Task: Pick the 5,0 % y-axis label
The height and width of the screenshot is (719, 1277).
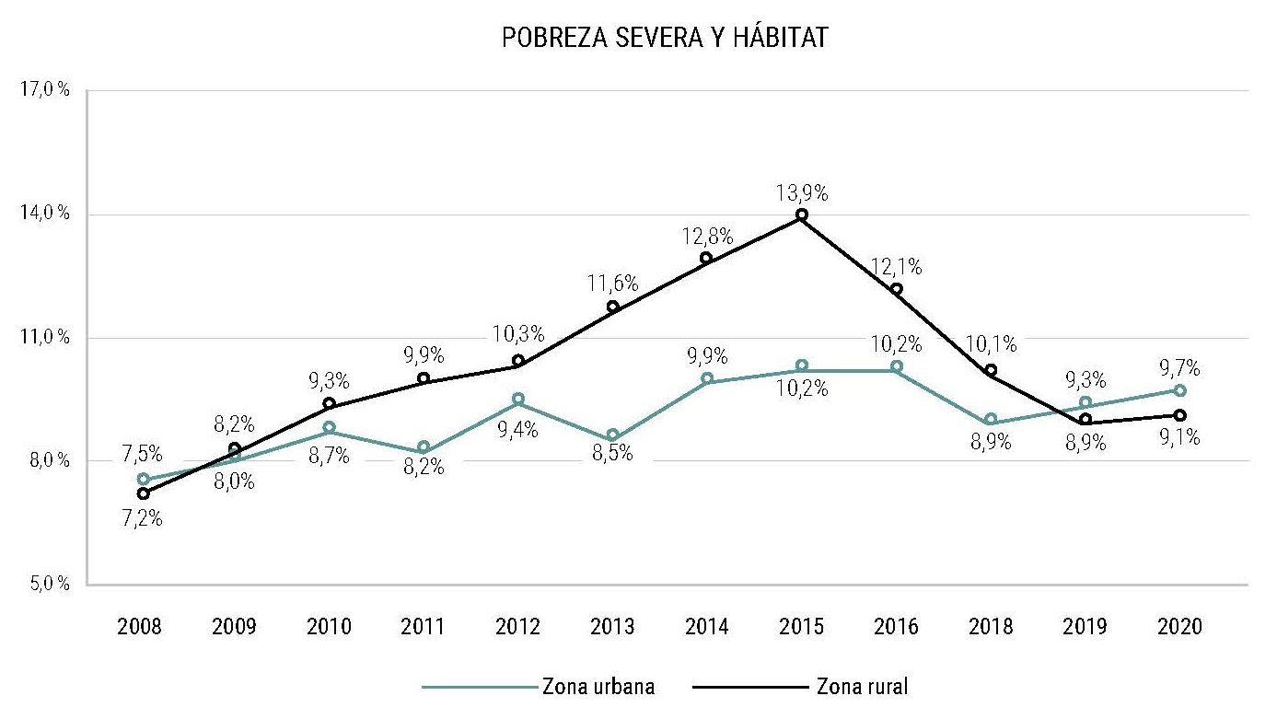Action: [x=44, y=584]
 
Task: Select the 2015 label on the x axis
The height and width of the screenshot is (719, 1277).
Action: [x=801, y=627]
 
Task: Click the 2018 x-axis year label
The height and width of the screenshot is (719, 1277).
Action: [x=991, y=627]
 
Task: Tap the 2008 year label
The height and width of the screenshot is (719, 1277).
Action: [x=140, y=627]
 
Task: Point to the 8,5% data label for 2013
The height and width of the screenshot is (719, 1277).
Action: [x=611, y=454]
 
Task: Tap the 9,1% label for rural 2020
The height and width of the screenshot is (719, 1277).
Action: [x=1179, y=439]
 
